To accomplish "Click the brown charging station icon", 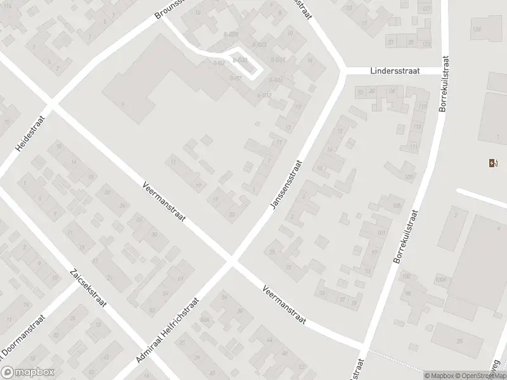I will [x=493, y=163].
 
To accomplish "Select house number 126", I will [x=477, y=29].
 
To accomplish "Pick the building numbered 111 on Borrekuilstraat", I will [x=414, y=147].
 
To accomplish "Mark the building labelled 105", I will [x=397, y=205].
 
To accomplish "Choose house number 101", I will [x=381, y=233].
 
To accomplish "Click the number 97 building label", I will [x=375, y=252].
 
